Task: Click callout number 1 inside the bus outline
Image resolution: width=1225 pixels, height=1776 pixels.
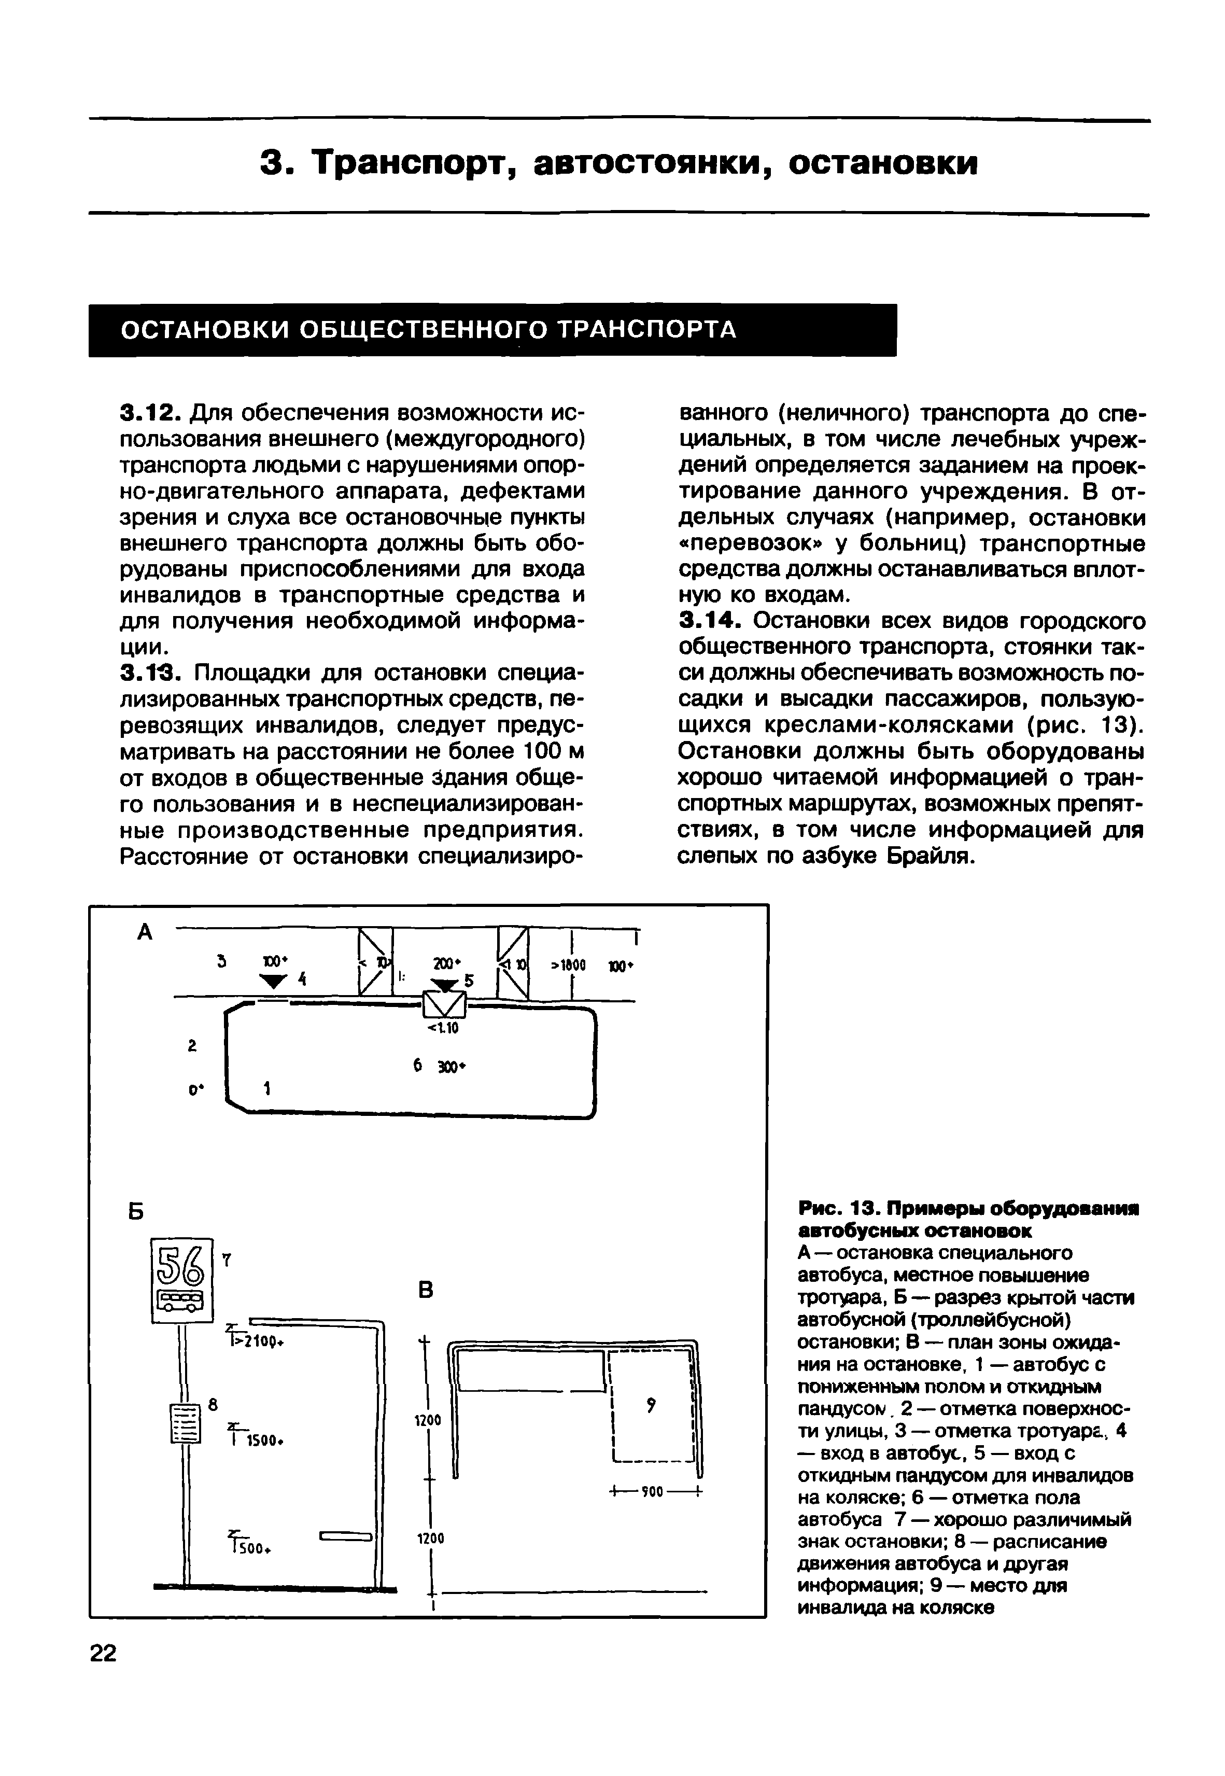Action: (267, 1088)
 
